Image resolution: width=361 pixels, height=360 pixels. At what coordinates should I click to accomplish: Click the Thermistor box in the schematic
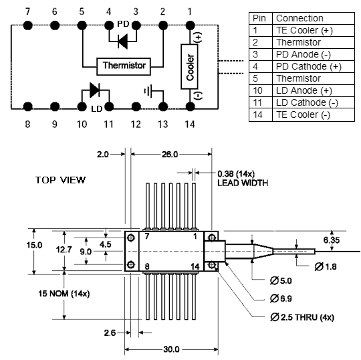coord(124,67)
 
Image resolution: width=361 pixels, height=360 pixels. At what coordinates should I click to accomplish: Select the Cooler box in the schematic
coord(189,67)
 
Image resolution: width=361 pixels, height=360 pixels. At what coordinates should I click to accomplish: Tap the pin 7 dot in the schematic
coord(28,25)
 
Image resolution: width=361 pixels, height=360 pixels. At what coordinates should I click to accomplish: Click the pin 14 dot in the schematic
coord(190,106)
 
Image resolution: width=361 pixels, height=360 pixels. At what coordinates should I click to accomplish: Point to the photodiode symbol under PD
coord(122,41)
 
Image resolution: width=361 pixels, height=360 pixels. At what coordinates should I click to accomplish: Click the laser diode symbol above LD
coord(94,90)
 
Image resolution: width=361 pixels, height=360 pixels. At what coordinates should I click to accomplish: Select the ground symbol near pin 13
coord(148,91)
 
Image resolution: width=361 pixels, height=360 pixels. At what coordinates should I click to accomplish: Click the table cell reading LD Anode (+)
coord(313,90)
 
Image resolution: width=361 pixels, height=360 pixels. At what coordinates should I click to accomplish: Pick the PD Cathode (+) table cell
coord(313,67)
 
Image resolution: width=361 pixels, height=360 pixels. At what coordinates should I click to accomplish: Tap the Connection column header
coord(313,18)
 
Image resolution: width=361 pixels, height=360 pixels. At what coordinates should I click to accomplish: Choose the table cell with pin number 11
coord(261,102)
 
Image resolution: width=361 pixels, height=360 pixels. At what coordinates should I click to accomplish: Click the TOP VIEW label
coord(60,180)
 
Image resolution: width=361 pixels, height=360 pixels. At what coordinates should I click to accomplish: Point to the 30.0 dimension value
coord(171,349)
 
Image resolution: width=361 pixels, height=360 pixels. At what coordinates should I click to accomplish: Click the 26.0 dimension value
coord(170,154)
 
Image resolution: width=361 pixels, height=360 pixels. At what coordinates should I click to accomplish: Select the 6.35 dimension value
coord(332,240)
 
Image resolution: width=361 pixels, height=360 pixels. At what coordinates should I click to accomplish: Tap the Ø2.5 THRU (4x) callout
coord(302,317)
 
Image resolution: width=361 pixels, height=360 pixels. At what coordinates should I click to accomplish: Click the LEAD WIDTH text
coord(243,183)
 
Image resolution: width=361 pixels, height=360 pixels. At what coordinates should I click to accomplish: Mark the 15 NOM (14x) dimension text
coord(64,294)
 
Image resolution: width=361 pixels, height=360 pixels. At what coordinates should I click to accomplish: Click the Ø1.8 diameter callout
coord(326,267)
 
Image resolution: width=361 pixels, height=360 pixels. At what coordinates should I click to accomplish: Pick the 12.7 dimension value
coord(64,250)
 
